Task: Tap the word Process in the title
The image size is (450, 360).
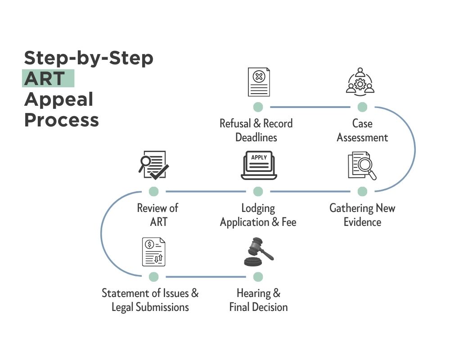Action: (61, 120)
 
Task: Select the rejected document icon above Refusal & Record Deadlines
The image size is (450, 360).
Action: (259, 82)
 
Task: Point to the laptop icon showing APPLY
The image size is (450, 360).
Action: (259, 165)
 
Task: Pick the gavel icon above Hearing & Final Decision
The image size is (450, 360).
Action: (258, 252)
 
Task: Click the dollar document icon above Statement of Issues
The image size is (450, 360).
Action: (154, 252)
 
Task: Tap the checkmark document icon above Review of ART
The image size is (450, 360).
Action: (153, 165)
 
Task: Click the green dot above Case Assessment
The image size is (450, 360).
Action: (362, 107)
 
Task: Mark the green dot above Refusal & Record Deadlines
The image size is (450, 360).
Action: (258, 107)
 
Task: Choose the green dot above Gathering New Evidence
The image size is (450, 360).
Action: (362, 192)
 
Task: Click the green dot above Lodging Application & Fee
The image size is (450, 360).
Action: (258, 192)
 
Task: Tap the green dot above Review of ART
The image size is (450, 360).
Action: (153, 192)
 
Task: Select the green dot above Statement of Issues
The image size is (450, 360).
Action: (153, 276)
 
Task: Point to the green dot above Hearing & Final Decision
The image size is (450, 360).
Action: (258, 276)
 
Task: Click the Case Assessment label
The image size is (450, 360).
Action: (362, 130)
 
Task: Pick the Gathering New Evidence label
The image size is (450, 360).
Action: (362, 215)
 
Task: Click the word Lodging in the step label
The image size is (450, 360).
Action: (258, 208)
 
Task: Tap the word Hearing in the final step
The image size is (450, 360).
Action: (253, 293)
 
